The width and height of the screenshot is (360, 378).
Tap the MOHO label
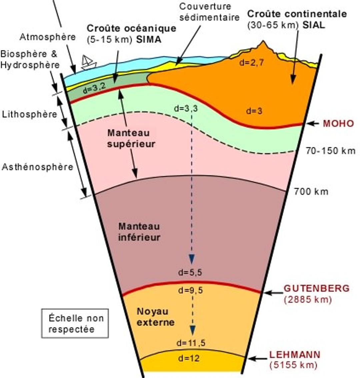(x=338, y=123)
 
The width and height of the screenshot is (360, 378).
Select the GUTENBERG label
(x=316, y=288)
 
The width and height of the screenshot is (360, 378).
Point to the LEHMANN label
(x=295, y=355)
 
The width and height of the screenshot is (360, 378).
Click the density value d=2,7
(x=251, y=63)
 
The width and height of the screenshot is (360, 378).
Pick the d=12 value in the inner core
(x=189, y=358)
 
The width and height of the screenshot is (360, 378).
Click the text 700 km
(x=311, y=192)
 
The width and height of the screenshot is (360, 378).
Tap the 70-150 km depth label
(x=330, y=151)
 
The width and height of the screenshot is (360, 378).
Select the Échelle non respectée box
(x=75, y=323)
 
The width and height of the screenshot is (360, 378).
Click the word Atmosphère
(x=48, y=37)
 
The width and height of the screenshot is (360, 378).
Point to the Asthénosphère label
(x=37, y=167)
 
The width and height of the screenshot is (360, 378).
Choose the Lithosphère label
(x=29, y=114)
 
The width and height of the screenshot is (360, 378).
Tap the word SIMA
(x=149, y=40)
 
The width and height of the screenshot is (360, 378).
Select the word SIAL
(x=314, y=25)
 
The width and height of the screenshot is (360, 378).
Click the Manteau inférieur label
(x=139, y=232)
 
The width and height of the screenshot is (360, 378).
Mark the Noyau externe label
(x=156, y=317)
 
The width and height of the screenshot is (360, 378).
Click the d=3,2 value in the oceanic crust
(x=94, y=88)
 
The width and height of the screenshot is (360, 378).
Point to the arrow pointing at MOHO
(x=313, y=124)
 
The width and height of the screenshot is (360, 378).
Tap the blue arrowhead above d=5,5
(x=192, y=259)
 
